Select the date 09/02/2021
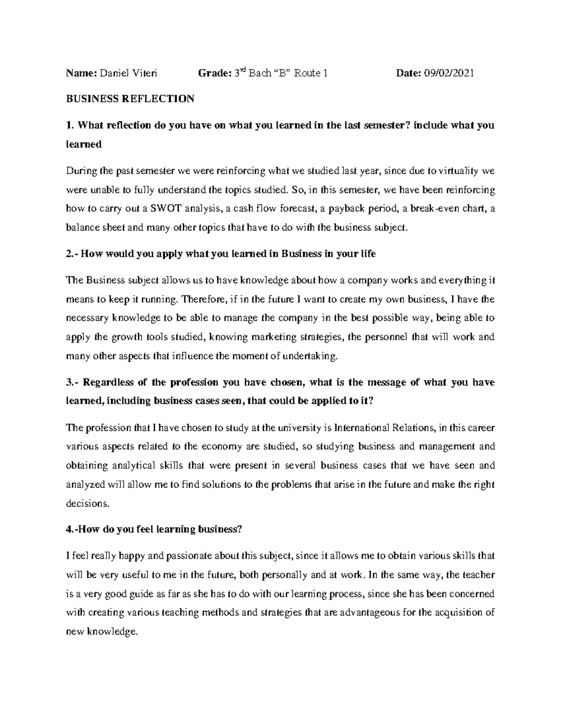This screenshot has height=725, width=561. tap(449, 73)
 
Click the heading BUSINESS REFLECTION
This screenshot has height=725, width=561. tap(130, 99)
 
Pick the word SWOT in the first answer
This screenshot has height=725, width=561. tap(161, 209)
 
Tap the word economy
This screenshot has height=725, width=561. tap(220, 447)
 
